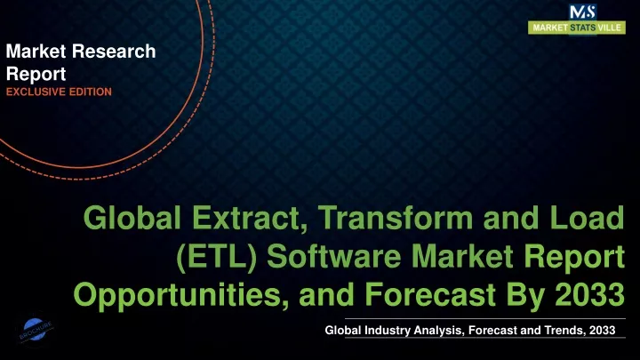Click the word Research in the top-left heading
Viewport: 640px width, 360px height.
[114, 52]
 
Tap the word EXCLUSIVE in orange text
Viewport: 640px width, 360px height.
[36, 92]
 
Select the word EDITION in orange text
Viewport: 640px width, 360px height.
[90, 92]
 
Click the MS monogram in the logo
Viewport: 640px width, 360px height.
[583, 12]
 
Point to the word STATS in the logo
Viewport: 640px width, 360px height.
[583, 28]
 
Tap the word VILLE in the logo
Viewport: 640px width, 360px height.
[610, 28]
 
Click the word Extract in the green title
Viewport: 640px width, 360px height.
[250, 218]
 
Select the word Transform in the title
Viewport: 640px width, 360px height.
[395, 218]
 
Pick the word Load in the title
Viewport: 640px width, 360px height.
[587, 218]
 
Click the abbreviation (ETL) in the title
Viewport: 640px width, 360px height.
[216, 257]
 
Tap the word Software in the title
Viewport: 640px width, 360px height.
[334, 256]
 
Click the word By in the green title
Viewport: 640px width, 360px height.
[525, 295]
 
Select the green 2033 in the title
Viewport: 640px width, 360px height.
[589, 294]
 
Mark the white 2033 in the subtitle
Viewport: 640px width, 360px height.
[602, 330]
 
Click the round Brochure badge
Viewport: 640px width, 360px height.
[35, 330]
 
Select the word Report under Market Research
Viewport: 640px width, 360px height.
[36, 75]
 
